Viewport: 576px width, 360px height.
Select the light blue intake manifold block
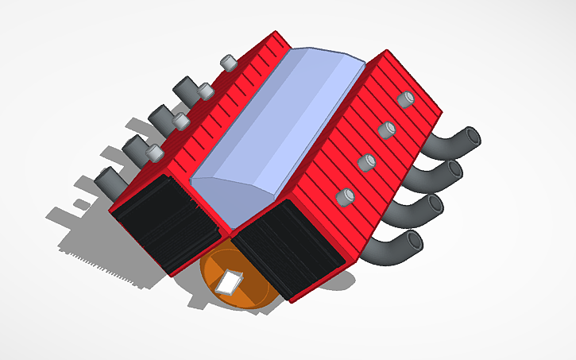[x=278, y=135]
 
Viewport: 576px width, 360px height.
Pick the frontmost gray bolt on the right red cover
[x=346, y=196]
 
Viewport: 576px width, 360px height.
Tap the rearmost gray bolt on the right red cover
[x=406, y=99]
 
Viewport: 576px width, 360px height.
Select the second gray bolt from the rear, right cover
[x=387, y=130]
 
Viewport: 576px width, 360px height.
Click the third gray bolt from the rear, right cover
[x=366, y=162]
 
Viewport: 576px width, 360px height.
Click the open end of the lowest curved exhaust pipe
[x=414, y=240]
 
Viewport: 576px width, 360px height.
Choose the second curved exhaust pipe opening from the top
[x=454, y=171]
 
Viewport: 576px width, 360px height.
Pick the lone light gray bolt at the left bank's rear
[x=228, y=62]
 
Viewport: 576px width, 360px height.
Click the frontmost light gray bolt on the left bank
[x=153, y=152]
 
